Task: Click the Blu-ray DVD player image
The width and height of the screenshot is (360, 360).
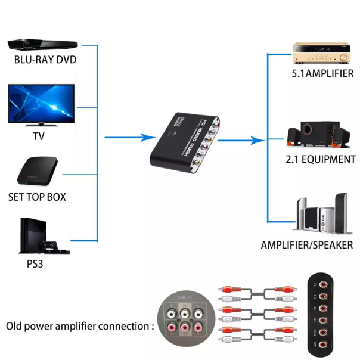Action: (x=43, y=44)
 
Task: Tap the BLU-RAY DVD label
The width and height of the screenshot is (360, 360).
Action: (x=45, y=60)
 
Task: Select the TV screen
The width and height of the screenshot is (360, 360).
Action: (x=41, y=103)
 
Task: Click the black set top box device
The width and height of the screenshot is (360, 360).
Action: (x=38, y=170)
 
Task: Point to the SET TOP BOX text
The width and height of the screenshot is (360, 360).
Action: (x=37, y=197)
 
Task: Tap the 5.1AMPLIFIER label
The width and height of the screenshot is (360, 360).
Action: (x=322, y=74)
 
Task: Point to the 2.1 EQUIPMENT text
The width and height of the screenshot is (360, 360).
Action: (x=320, y=159)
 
